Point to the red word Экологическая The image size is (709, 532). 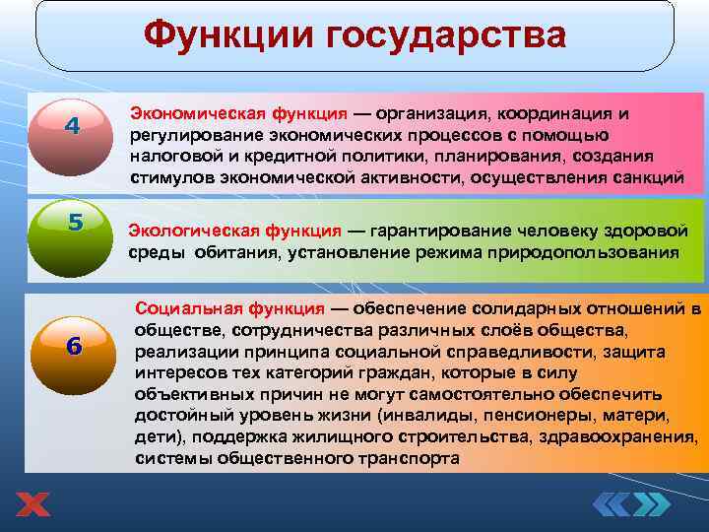[x=185, y=231]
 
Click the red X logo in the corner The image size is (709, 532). [x=32, y=505]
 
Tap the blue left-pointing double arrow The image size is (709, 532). [x=615, y=504]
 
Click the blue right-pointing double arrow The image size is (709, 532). [x=652, y=504]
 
